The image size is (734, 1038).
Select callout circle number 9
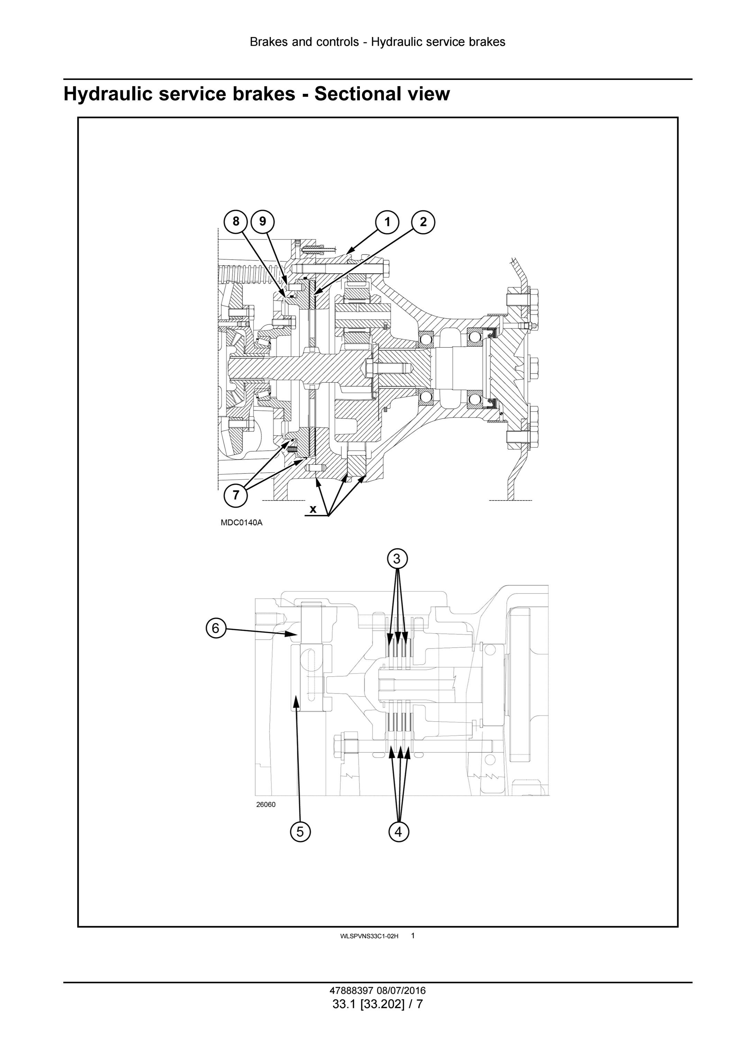[x=263, y=222]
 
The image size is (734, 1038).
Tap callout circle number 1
[x=387, y=222]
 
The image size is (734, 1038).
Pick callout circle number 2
[x=423, y=222]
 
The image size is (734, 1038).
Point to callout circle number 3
[x=397, y=559]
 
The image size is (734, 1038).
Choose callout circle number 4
[x=398, y=831]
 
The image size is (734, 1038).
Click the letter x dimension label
[x=313, y=509]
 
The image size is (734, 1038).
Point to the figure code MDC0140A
[x=241, y=523]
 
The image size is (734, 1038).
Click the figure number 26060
[x=266, y=804]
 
